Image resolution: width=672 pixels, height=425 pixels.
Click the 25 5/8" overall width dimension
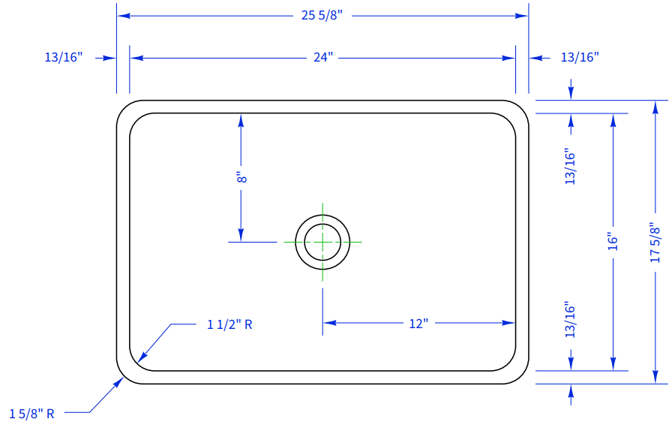[322, 16]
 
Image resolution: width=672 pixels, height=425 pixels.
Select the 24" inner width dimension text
[323, 58]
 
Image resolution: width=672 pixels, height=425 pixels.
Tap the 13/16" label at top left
[64, 57]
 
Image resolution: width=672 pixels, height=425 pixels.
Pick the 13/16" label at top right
[580, 57]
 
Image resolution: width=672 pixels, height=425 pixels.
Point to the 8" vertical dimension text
[241, 178]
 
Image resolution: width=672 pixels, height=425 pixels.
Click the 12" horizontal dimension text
[418, 324]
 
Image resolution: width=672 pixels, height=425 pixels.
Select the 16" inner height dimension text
[613, 242]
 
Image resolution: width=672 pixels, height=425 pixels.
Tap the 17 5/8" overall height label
[655, 243]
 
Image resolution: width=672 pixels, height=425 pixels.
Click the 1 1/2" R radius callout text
[229, 324]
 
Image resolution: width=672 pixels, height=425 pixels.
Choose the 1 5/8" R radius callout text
[31, 414]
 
